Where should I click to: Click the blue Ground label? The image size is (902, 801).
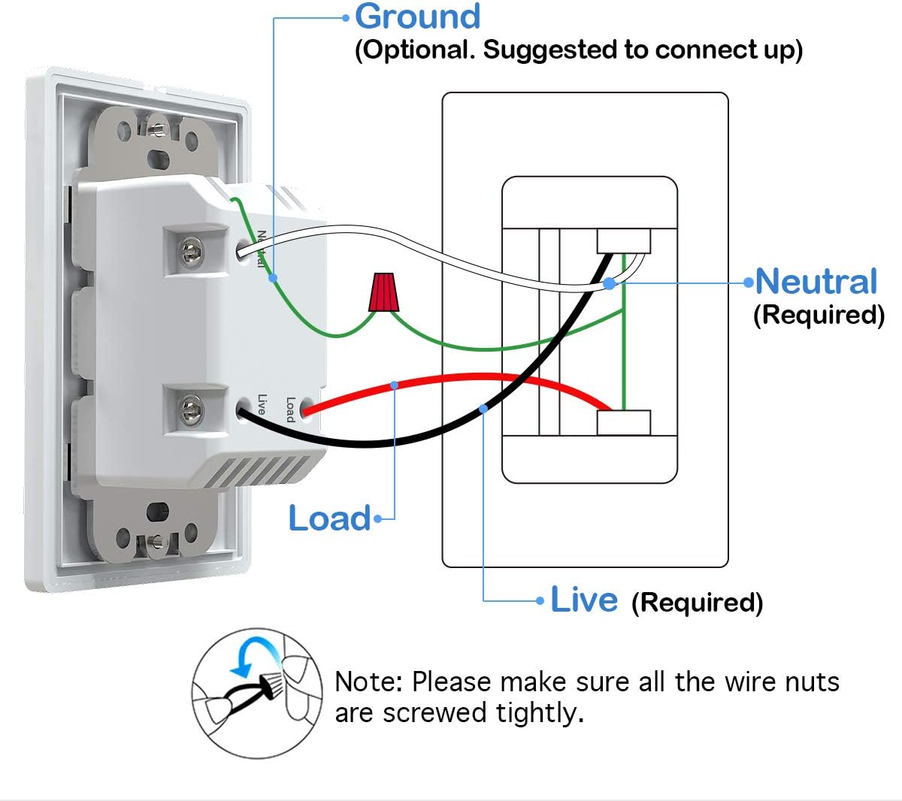417,17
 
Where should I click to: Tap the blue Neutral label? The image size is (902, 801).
816,281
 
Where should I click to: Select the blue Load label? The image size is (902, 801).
329,518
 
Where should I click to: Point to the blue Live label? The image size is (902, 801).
584,600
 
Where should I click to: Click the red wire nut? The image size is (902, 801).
384,293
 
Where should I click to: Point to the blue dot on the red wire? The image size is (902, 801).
395,385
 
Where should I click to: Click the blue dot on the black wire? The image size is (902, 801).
483,408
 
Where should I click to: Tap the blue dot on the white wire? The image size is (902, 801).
609,283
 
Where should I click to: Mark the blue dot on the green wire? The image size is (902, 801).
273,277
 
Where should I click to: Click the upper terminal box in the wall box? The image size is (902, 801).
623,241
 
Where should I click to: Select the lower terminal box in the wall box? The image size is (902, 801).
623,423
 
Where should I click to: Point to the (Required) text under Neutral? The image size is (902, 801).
819,314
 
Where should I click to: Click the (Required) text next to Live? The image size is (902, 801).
697,602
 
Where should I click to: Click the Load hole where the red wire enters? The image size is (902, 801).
304,410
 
